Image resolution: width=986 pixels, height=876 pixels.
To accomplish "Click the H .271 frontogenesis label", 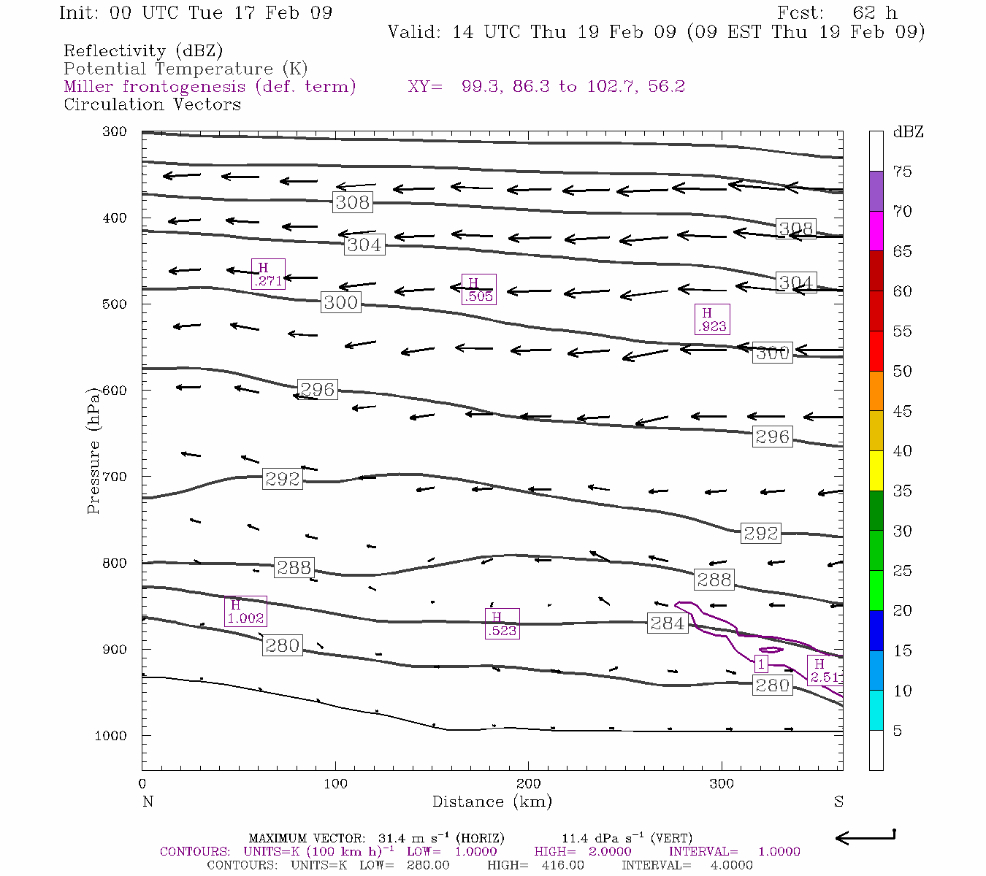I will (268, 274).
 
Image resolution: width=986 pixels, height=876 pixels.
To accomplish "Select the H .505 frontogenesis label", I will (479, 289).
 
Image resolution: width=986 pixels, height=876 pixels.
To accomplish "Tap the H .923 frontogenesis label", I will (712, 320).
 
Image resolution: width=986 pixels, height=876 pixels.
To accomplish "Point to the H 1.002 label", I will (245, 611).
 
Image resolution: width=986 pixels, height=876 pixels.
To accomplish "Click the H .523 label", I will (502, 623).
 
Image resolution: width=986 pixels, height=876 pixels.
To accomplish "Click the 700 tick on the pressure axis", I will (114, 477).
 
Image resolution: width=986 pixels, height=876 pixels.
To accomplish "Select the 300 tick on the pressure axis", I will (114, 132).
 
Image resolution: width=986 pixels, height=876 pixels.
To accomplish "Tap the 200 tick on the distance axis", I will (529, 784).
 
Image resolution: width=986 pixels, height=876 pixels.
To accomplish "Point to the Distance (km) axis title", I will (492, 802).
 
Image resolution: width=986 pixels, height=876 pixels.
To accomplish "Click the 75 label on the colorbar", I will (903, 172).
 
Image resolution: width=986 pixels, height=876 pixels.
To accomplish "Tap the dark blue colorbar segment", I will (876, 630).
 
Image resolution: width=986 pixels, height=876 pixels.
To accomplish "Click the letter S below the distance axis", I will (838, 802).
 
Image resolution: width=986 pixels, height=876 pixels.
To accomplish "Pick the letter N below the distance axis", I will (148, 802).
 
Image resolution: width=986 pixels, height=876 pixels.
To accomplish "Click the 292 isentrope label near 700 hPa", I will (283, 479).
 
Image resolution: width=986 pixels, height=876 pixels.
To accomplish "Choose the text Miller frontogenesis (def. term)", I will (210, 87).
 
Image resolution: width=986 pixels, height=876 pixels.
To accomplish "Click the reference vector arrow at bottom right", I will (865, 838).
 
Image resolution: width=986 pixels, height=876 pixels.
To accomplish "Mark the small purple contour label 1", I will (761, 664).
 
